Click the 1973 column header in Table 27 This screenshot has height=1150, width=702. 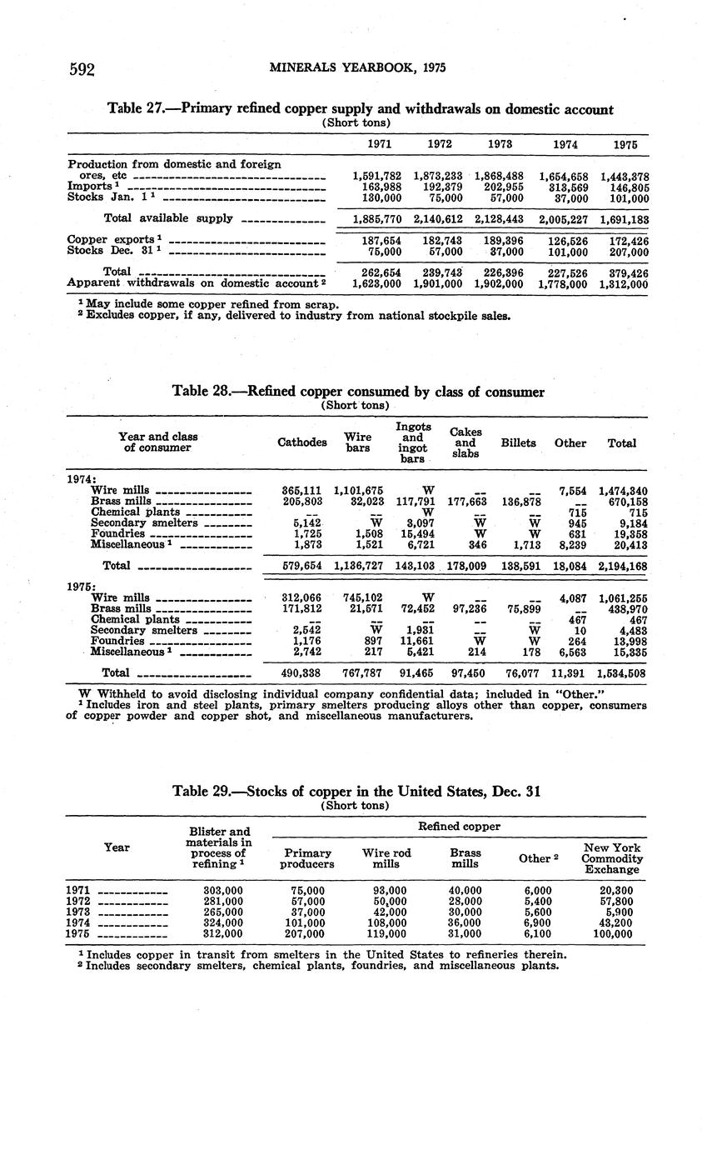point(500,144)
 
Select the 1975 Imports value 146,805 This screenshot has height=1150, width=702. point(625,187)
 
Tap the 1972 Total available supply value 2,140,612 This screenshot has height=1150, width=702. point(439,219)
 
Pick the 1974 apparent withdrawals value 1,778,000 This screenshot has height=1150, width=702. point(564,283)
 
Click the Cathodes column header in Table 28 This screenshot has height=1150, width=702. point(301,442)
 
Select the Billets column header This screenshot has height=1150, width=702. point(518,442)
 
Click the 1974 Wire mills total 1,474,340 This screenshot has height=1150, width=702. point(623,492)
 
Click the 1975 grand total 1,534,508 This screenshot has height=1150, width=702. point(623,673)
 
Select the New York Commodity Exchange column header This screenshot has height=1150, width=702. point(612,858)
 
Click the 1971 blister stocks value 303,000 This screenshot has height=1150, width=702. point(223,891)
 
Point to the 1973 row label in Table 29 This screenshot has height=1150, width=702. point(78,912)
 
